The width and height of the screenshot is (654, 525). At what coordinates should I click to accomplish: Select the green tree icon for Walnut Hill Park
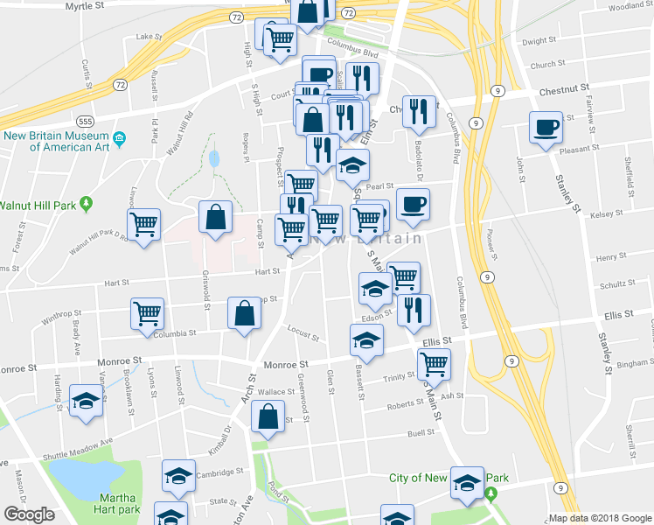tap(86, 205)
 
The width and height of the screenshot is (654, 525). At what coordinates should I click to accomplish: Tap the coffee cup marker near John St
tap(546, 127)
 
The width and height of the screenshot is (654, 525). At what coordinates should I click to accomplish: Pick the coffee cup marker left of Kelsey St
tap(413, 205)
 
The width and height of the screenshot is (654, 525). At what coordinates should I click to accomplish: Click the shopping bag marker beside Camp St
tap(215, 219)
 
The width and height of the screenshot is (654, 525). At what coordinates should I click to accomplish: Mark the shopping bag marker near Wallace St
tap(269, 417)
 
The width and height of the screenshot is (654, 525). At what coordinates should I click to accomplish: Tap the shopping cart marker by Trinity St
tap(433, 363)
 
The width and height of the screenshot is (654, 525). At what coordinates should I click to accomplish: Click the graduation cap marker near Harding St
tap(86, 402)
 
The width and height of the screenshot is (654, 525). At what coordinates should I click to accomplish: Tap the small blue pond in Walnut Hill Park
tap(214, 159)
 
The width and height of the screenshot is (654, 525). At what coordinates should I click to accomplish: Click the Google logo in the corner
tap(29, 514)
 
